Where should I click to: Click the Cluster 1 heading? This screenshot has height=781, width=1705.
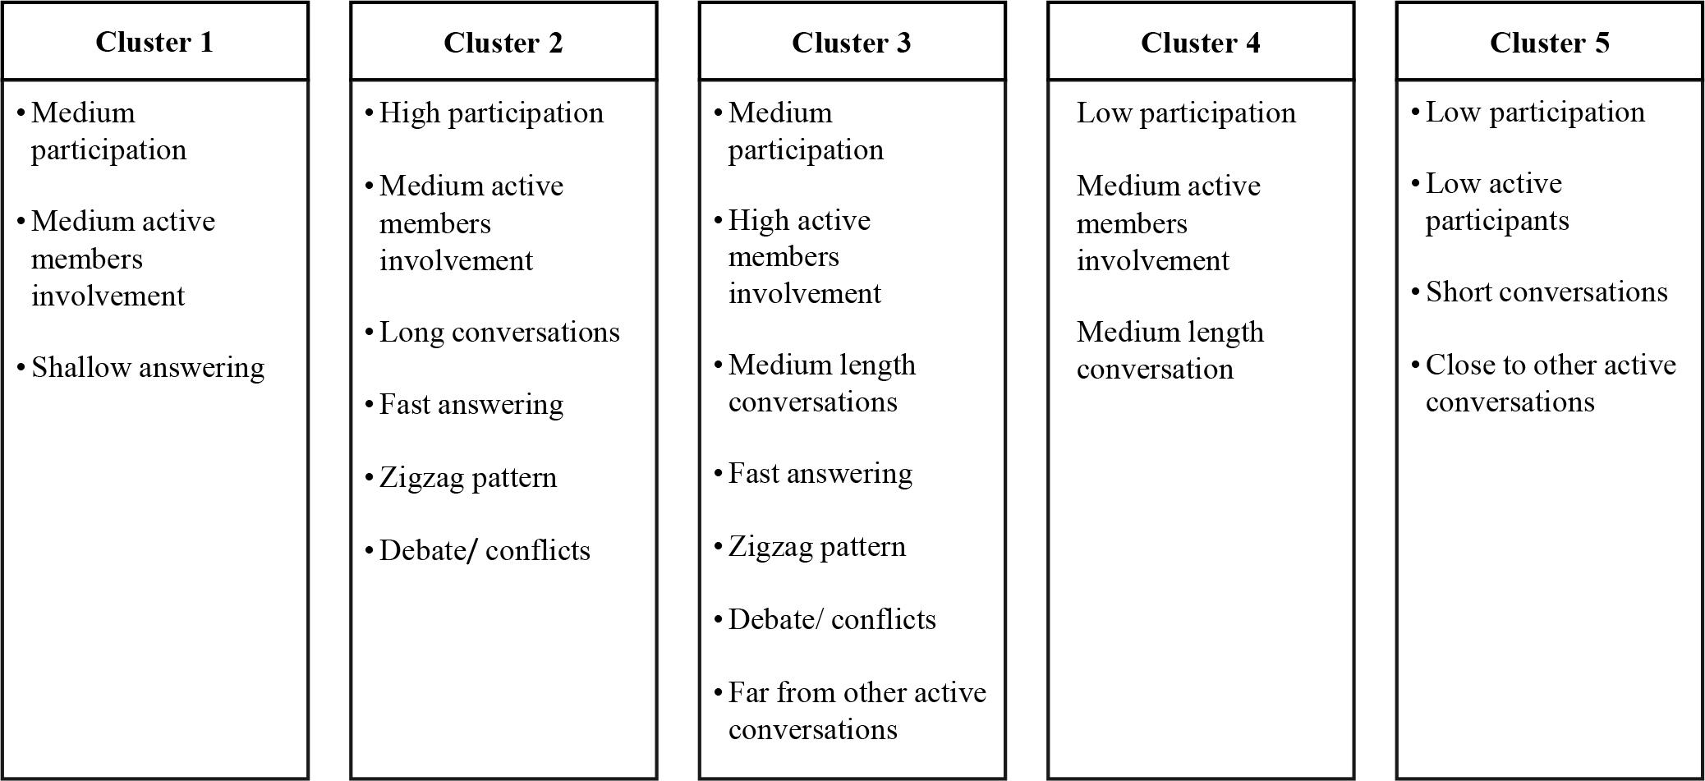tap(154, 42)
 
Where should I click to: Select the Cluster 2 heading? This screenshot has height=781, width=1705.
tap(503, 42)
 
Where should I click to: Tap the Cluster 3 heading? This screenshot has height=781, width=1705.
tap(851, 42)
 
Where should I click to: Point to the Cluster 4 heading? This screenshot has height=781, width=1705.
tap(1200, 42)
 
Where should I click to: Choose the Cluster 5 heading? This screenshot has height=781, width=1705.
tap(1549, 42)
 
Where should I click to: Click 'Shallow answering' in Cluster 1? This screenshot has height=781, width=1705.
tap(148, 367)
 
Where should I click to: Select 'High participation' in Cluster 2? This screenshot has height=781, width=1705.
tap(491, 113)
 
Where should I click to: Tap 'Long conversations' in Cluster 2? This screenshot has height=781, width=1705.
tap(499, 332)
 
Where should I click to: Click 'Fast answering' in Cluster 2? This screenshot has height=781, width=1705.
tap(471, 404)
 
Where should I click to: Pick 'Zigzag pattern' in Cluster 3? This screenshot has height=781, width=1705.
tap(817, 546)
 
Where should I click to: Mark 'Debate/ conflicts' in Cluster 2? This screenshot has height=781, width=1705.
tap(485, 550)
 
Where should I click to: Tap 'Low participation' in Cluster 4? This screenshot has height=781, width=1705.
tap(1186, 113)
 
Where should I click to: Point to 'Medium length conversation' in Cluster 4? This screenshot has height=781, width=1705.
tap(1170, 350)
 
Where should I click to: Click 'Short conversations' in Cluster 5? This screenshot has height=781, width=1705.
tap(1546, 292)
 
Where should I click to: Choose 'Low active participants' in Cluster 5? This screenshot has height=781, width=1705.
tap(1496, 201)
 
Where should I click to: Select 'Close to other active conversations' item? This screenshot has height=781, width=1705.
tap(1549, 383)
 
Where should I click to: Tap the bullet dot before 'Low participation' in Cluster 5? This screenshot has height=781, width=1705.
tap(1415, 113)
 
